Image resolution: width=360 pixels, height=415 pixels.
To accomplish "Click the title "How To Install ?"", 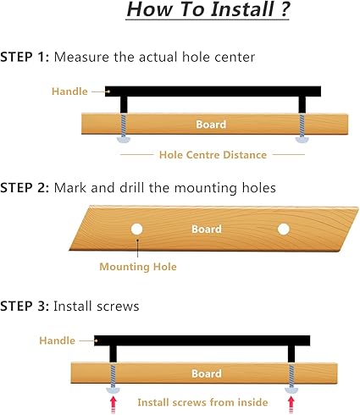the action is pos(208,9).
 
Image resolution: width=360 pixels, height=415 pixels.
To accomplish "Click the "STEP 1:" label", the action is pos(25,57).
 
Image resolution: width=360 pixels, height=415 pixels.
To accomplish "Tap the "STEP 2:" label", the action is pos(25,188).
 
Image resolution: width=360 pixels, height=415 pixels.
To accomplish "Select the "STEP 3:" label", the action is pos(25,307).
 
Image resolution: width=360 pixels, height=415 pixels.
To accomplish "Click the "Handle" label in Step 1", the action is pos(69,91).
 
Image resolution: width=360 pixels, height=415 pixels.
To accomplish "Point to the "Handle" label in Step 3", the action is pos(57,340).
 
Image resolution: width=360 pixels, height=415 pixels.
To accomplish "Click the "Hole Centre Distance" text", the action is pos(213,155).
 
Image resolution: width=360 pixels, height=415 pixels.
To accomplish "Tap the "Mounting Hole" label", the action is pos(138,267).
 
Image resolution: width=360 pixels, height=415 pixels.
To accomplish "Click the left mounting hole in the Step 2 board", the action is pos(136,230).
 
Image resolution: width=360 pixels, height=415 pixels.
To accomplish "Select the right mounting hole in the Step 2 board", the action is pos(284,230).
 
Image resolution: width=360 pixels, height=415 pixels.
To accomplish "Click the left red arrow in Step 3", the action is pos(114,404).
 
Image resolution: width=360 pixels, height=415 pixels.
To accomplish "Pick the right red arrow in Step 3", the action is pos(291,404).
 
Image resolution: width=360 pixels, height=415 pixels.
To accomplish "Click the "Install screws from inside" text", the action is pos(202,402).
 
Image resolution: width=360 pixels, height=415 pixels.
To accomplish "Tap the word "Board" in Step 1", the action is pos(211,125).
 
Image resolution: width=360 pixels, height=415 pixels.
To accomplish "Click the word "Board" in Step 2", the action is pos(207,230).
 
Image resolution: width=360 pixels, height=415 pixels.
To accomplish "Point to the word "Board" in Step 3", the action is pos(207,373).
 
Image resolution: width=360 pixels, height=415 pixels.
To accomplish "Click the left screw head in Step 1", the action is pos(124,140).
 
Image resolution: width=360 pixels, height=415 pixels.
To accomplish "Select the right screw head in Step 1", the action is pos(302,140).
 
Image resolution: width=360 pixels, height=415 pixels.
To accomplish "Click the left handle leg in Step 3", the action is pos(113,354).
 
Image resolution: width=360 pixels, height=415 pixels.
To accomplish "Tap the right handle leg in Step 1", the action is pos(302,105).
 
